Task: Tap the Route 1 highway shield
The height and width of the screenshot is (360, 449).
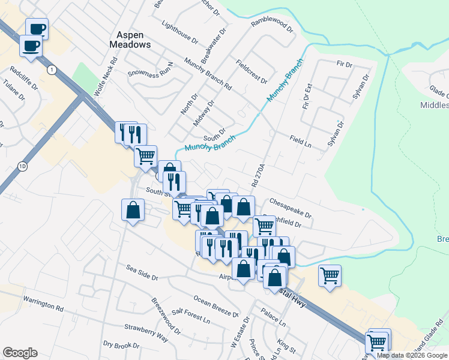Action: click(52, 70)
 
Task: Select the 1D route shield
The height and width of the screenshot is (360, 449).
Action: click(23, 166)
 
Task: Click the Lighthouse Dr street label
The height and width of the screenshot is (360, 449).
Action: click(179, 32)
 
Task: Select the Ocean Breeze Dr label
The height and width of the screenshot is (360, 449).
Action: click(215, 306)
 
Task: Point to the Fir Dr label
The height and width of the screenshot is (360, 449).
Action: click(344, 63)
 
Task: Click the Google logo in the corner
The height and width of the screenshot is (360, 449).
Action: click(20, 353)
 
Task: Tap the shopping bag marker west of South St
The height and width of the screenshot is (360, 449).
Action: click(133, 211)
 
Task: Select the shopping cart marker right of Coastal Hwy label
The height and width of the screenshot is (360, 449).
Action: click(330, 275)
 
